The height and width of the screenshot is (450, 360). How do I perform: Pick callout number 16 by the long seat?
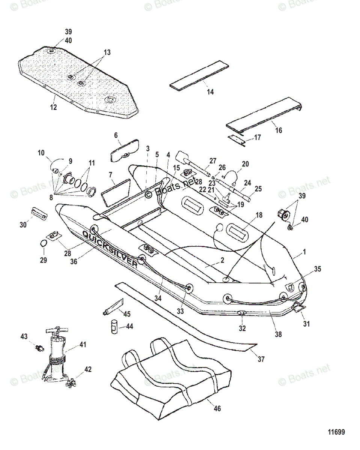pos(278,130)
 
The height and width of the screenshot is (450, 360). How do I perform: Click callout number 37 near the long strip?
pos(261,359)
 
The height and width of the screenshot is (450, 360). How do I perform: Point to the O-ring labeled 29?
pos(44,244)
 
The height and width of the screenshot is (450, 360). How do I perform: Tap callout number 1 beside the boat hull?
pos(304,252)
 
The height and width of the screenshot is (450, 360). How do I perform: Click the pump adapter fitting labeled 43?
pos(38,348)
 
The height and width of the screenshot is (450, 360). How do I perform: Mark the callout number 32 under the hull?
pos(243,328)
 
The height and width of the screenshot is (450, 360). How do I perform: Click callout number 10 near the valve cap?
pos(41,153)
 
